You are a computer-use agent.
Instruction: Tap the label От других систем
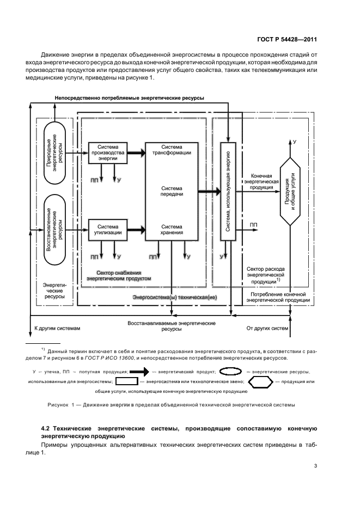pyautogui.click(x=267, y=329)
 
